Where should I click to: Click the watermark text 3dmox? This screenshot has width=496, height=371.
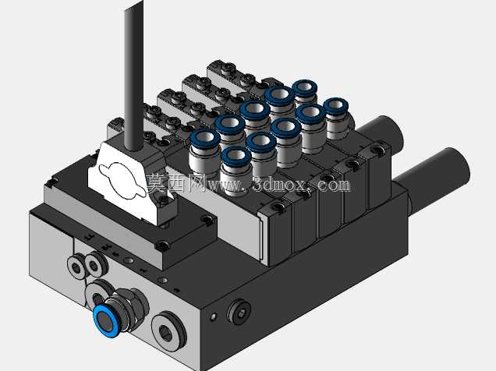point(279,185)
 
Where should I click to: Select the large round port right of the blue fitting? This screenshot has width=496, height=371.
point(168,331)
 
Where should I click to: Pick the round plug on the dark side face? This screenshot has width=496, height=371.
point(239,313)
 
